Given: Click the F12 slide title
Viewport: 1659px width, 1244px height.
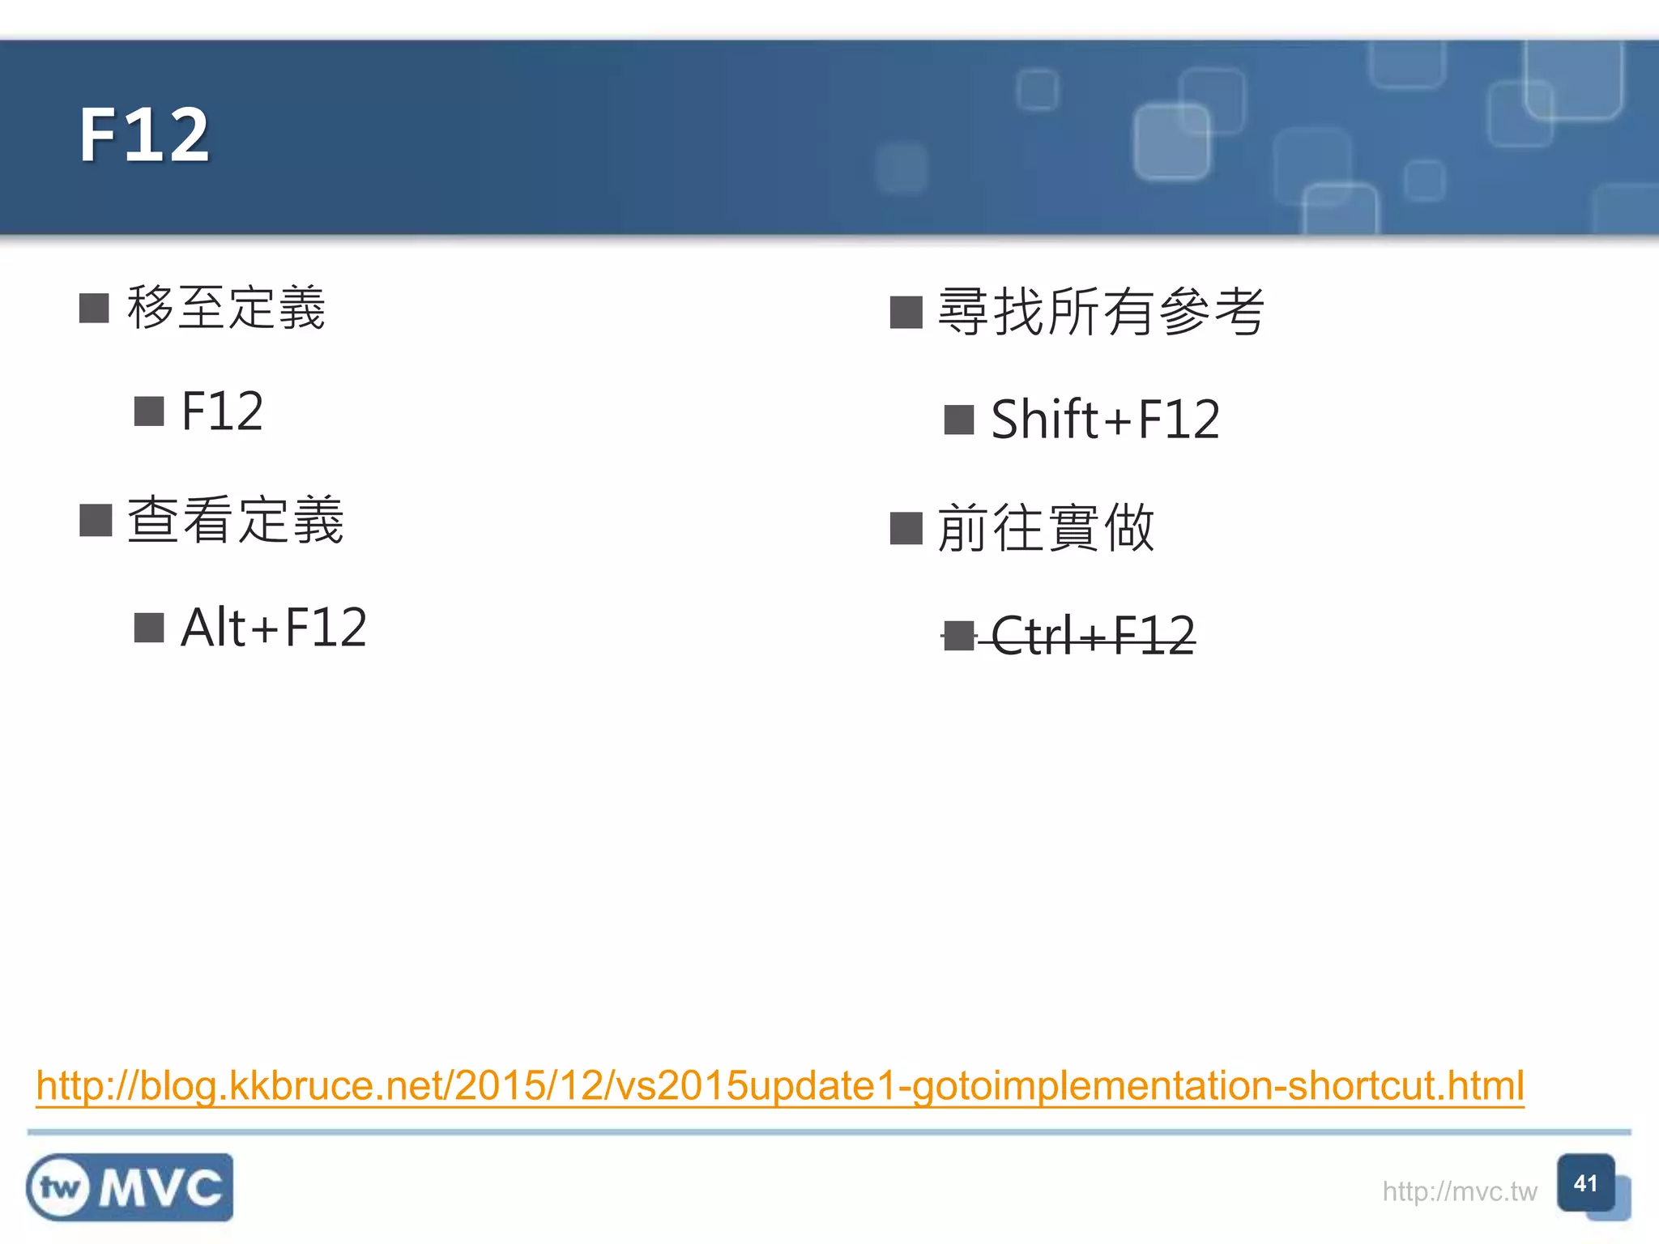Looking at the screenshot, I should click(144, 135).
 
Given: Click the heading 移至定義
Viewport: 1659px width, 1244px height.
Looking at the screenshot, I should click(226, 309).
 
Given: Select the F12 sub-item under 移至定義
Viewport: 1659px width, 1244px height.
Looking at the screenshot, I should click(222, 411).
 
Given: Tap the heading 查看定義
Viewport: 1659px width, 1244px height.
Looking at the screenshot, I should click(236, 520).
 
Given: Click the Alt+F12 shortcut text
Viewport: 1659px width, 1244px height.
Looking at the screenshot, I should click(274, 628).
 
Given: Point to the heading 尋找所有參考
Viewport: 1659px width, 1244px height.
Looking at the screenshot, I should click(1100, 313).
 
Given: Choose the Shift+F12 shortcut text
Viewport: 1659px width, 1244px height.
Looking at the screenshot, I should click(1105, 420).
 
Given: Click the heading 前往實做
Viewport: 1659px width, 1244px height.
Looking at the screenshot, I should click(1046, 528).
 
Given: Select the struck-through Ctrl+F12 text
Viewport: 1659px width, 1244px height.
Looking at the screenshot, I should click(1093, 636).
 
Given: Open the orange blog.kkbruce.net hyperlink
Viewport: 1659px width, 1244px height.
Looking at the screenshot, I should click(780, 1086).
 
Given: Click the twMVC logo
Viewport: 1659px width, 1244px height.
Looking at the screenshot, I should click(130, 1187).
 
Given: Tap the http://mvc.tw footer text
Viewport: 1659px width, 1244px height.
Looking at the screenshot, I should click(1459, 1191).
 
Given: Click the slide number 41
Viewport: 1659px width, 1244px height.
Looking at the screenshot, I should click(1585, 1184).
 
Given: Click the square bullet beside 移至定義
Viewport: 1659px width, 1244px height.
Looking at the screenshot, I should click(94, 309).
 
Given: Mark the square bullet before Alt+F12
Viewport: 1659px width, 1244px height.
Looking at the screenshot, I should click(149, 628).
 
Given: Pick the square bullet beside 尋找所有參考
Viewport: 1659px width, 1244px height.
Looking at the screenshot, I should click(906, 313).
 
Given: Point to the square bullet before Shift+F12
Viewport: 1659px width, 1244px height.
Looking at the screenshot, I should click(959, 420).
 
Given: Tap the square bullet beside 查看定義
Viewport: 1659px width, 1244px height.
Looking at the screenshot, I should click(96, 520).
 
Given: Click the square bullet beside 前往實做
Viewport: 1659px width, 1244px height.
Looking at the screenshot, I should click(906, 529).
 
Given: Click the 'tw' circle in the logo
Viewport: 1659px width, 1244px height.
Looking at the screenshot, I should click(60, 1188).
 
